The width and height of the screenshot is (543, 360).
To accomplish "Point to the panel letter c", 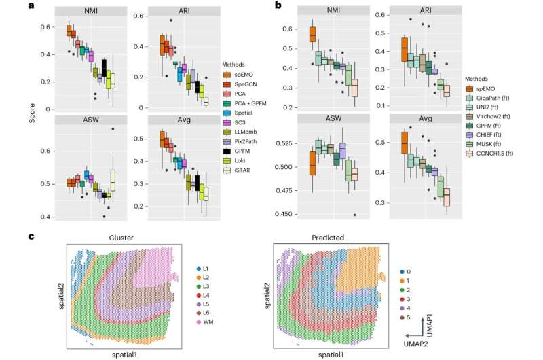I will point(31,236).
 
